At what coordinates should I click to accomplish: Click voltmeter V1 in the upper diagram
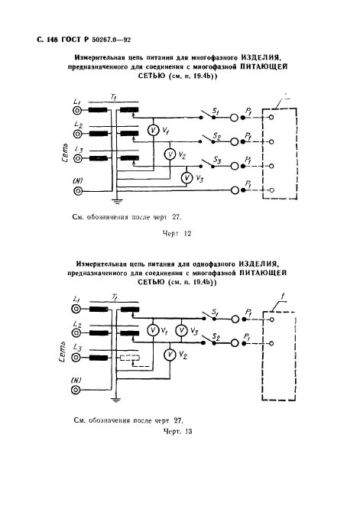click(153, 131)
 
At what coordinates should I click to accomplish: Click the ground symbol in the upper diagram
click(117, 201)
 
